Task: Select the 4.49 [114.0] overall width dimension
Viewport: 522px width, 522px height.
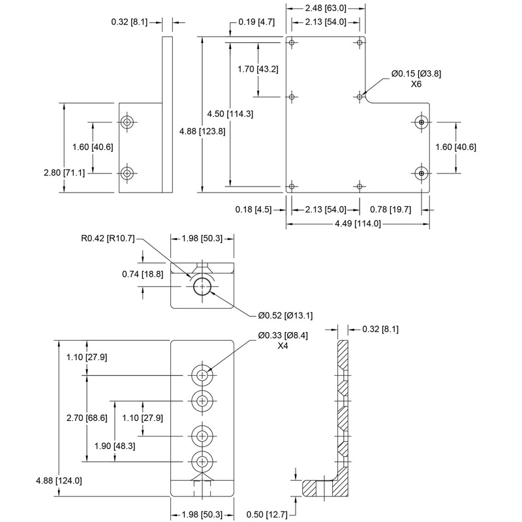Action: click(357, 223)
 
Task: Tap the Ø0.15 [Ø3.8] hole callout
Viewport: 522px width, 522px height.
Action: click(416, 74)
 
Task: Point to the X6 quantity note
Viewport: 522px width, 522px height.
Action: click(416, 85)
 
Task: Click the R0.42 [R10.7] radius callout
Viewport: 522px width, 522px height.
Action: click(113, 238)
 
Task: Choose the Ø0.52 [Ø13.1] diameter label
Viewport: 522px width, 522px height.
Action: click(286, 316)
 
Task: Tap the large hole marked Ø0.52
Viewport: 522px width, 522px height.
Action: click(202, 286)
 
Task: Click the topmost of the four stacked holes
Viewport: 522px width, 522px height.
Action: click(202, 375)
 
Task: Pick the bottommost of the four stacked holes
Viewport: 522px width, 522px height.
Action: click(202, 461)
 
